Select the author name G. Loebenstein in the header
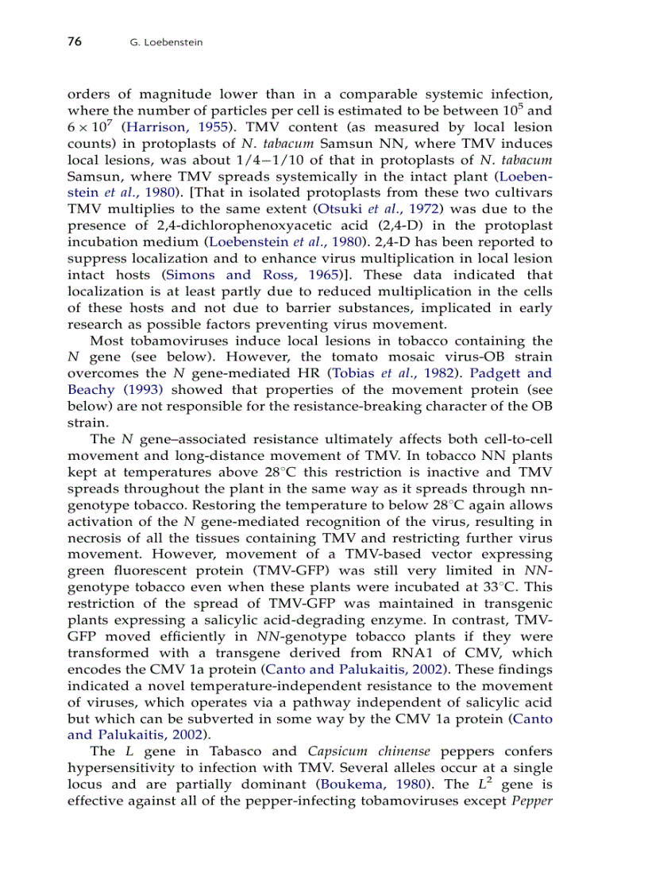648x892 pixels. coord(166,43)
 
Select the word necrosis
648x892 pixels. coord(94,537)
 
